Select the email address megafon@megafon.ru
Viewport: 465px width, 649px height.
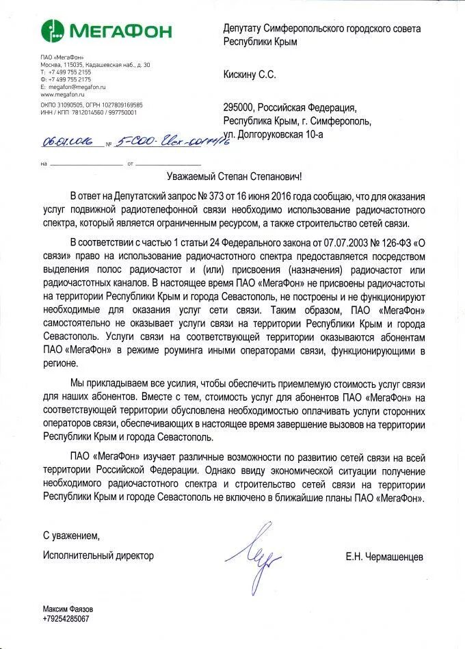(76, 88)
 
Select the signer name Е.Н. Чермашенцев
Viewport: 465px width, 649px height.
(384, 557)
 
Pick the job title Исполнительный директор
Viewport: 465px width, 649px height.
(98, 555)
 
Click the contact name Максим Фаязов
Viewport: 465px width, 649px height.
(68, 609)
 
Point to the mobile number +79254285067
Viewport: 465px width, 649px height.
(66, 618)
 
